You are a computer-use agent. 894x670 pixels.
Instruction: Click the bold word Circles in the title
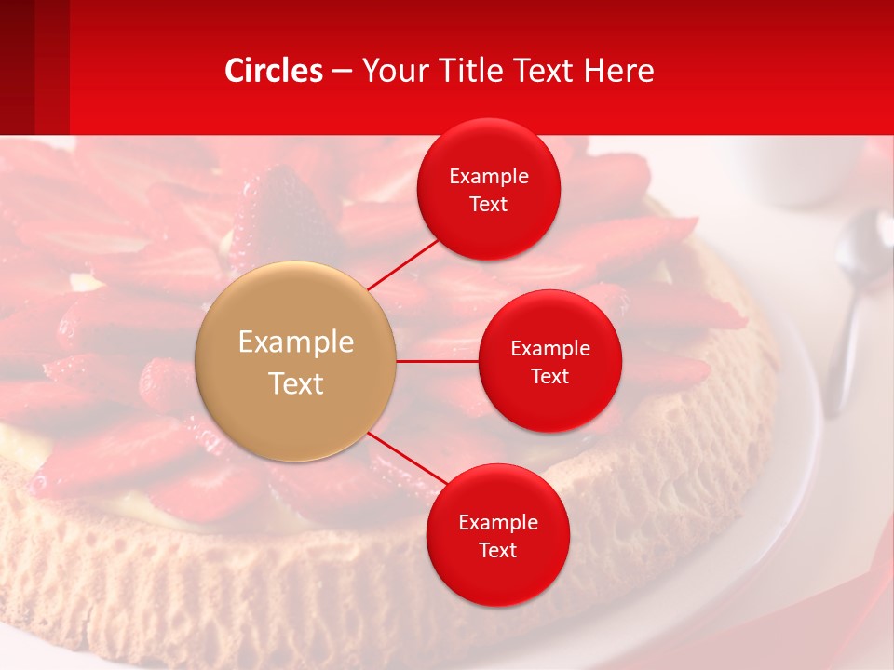(x=274, y=71)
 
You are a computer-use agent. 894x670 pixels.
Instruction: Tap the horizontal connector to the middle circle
(x=438, y=361)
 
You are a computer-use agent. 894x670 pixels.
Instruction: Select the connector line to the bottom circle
(x=408, y=459)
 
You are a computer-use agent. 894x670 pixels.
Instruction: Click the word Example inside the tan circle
(x=296, y=342)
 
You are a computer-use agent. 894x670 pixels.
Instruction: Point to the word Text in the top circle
(x=489, y=205)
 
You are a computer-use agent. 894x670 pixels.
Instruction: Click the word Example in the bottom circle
(x=498, y=523)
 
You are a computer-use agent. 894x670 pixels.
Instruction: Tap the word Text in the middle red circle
(x=550, y=377)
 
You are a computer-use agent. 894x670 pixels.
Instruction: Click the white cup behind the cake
(x=801, y=172)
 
